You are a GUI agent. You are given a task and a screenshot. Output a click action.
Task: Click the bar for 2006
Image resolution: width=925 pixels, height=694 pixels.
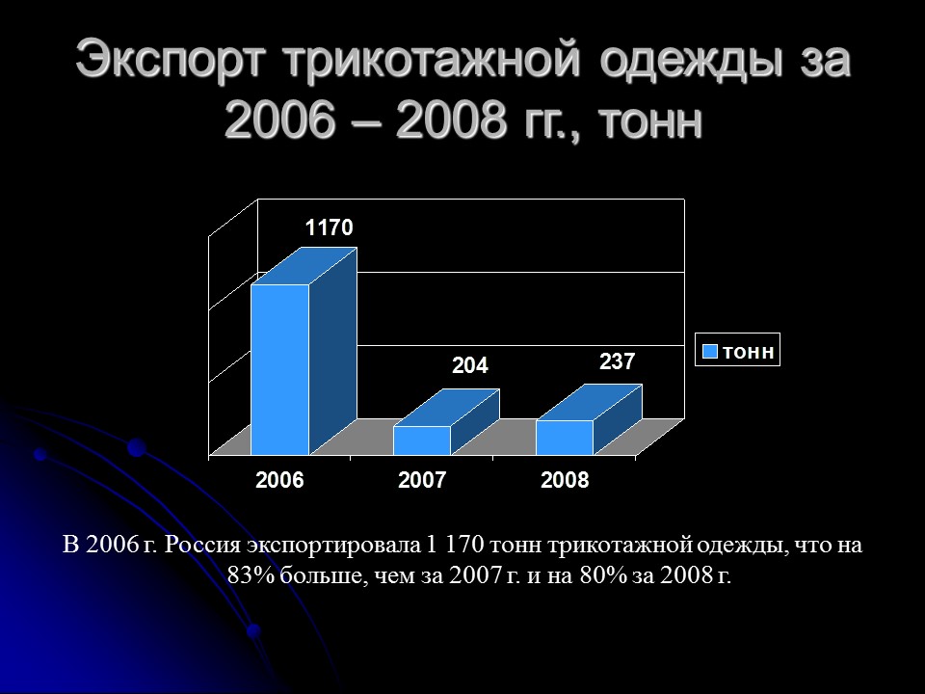[x=280, y=371]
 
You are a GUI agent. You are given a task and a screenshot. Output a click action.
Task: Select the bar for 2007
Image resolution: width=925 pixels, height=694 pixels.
[x=422, y=440]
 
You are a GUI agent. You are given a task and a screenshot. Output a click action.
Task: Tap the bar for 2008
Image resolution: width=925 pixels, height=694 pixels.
[x=565, y=438]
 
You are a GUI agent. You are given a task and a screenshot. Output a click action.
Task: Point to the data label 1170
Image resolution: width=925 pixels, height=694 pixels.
[x=330, y=228]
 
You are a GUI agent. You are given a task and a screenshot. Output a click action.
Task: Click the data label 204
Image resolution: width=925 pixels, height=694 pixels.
[x=471, y=366]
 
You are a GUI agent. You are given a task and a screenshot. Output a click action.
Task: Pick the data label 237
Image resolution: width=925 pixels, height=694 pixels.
[x=617, y=361]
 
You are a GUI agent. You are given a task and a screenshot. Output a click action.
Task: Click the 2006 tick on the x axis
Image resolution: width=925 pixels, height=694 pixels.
[x=279, y=480]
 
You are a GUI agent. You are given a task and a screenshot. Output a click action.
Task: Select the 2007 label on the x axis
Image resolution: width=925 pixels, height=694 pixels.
[x=422, y=480]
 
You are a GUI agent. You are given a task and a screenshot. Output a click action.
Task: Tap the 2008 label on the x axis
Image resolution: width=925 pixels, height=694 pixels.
[x=565, y=480]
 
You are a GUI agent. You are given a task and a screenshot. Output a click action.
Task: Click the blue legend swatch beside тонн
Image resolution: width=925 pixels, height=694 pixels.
[x=709, y=352]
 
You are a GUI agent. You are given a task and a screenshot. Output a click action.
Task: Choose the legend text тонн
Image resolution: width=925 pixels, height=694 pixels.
[x=748, y=352]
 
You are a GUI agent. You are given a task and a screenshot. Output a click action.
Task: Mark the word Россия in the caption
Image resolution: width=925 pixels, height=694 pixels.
[x=200, y=546]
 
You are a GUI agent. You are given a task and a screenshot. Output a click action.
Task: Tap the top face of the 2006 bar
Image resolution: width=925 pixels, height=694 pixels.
[x=304, y=266]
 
